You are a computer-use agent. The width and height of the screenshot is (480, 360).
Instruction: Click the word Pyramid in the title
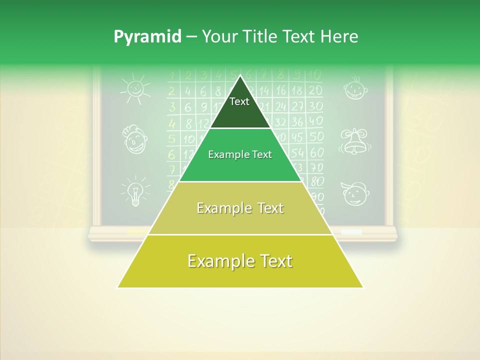click(x=146, y=36)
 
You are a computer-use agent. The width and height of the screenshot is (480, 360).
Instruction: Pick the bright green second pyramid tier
click(x=240, y=155)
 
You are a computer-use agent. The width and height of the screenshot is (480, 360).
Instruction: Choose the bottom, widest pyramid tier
click(x=240, y=261)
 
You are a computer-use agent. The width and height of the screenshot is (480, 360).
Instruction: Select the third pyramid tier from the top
click(x=240, y=208)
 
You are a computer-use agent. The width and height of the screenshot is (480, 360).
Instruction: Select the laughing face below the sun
click(x=134, y=139)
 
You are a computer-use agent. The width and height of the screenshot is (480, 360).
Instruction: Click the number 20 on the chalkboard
click(x=315, y=90)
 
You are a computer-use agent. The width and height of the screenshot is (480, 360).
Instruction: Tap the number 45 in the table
click(x=298, y=136)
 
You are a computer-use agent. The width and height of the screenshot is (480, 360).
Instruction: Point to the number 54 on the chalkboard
click(x=298, y=152)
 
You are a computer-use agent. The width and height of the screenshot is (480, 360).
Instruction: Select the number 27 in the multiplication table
click(x=298, y=106)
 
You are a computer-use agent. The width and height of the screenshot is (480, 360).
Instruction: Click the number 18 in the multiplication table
click(x=297, y=90)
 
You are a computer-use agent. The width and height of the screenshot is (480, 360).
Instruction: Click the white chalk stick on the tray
click(x=351, y=232)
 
